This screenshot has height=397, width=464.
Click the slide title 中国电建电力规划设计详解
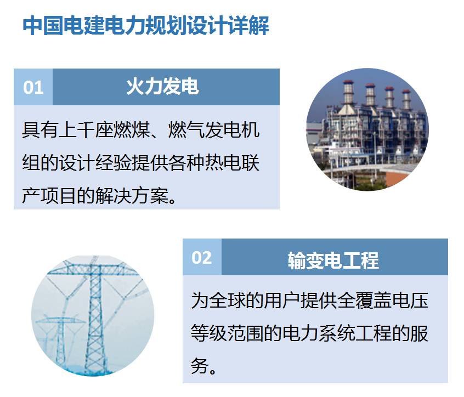point(146,25)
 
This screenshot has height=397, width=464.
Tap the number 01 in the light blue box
point(33,87)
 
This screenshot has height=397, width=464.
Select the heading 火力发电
point(162,87)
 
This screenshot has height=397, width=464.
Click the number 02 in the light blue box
point(202,257)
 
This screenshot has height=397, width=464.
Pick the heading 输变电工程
point(333,260)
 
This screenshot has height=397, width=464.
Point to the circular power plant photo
point(367,129)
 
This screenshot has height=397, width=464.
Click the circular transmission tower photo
point(93,316)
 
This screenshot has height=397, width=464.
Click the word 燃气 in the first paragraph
point(186,129)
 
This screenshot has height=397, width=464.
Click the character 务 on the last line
point(200,366)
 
